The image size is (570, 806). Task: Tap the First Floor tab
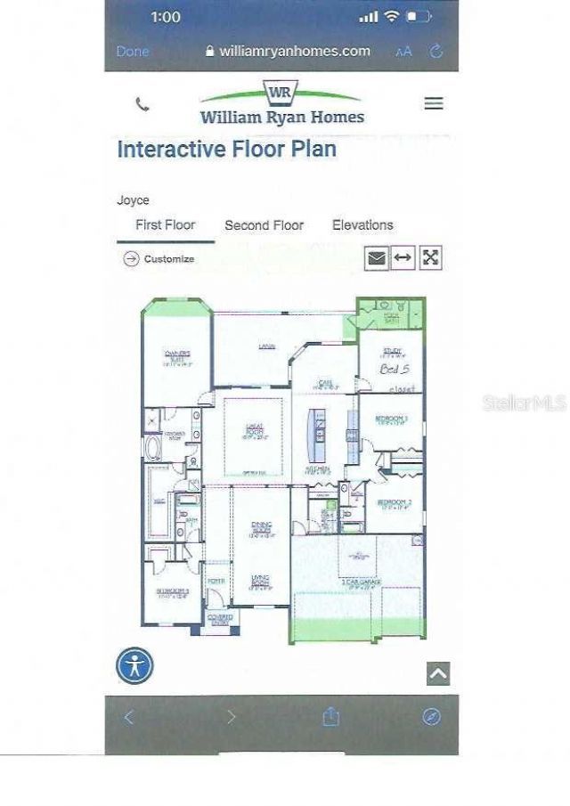coord(165,225)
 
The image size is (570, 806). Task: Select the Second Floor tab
coord(264,225)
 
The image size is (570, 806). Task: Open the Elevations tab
coord(362,225)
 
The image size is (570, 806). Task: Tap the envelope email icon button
coord(377,258)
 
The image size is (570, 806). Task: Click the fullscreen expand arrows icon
coord(431,258)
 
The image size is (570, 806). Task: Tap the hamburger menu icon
coord(434,103)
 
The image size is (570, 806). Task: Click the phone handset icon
coord(142,104)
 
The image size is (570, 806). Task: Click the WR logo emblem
coord(281,93)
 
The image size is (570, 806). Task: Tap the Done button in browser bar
coord(133,52)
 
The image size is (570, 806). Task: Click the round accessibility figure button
coord(134,665)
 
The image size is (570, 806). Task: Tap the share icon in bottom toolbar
coord(331,716)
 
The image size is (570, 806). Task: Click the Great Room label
coord(254,432)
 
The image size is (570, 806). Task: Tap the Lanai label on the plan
coord(265,346)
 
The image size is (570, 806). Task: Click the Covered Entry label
coord(219,618)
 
